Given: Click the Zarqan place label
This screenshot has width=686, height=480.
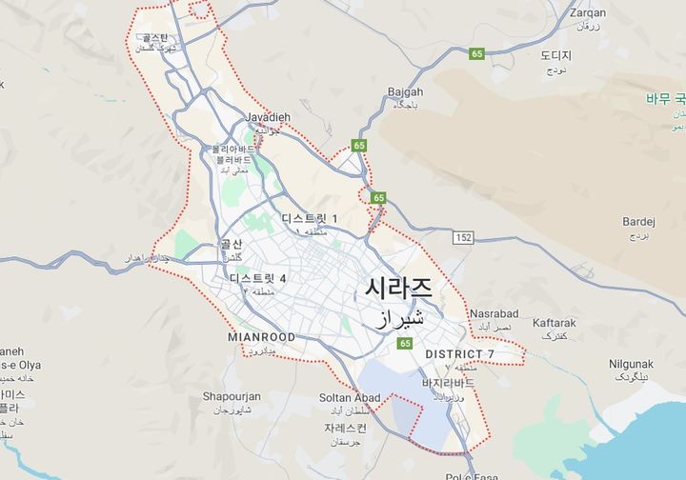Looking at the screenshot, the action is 587,13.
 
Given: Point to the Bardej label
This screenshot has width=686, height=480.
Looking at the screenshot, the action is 638,221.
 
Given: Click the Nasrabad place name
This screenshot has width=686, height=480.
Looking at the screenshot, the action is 494,313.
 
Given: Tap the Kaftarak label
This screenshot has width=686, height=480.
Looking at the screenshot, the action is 554,323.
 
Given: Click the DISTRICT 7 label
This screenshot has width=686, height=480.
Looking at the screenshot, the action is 459,354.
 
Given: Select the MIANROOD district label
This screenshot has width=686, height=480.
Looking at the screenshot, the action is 262,337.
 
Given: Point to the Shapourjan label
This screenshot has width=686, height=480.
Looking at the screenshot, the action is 232,396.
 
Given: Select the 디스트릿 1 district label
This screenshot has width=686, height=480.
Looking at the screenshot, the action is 310,219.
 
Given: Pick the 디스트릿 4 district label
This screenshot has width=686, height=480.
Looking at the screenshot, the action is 257,278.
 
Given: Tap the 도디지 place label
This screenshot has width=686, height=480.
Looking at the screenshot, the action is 555,56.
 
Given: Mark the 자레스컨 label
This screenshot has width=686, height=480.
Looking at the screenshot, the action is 345,428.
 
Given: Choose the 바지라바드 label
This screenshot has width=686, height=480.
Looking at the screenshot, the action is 448,383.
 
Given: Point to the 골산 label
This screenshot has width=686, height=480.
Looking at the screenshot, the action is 232,244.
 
